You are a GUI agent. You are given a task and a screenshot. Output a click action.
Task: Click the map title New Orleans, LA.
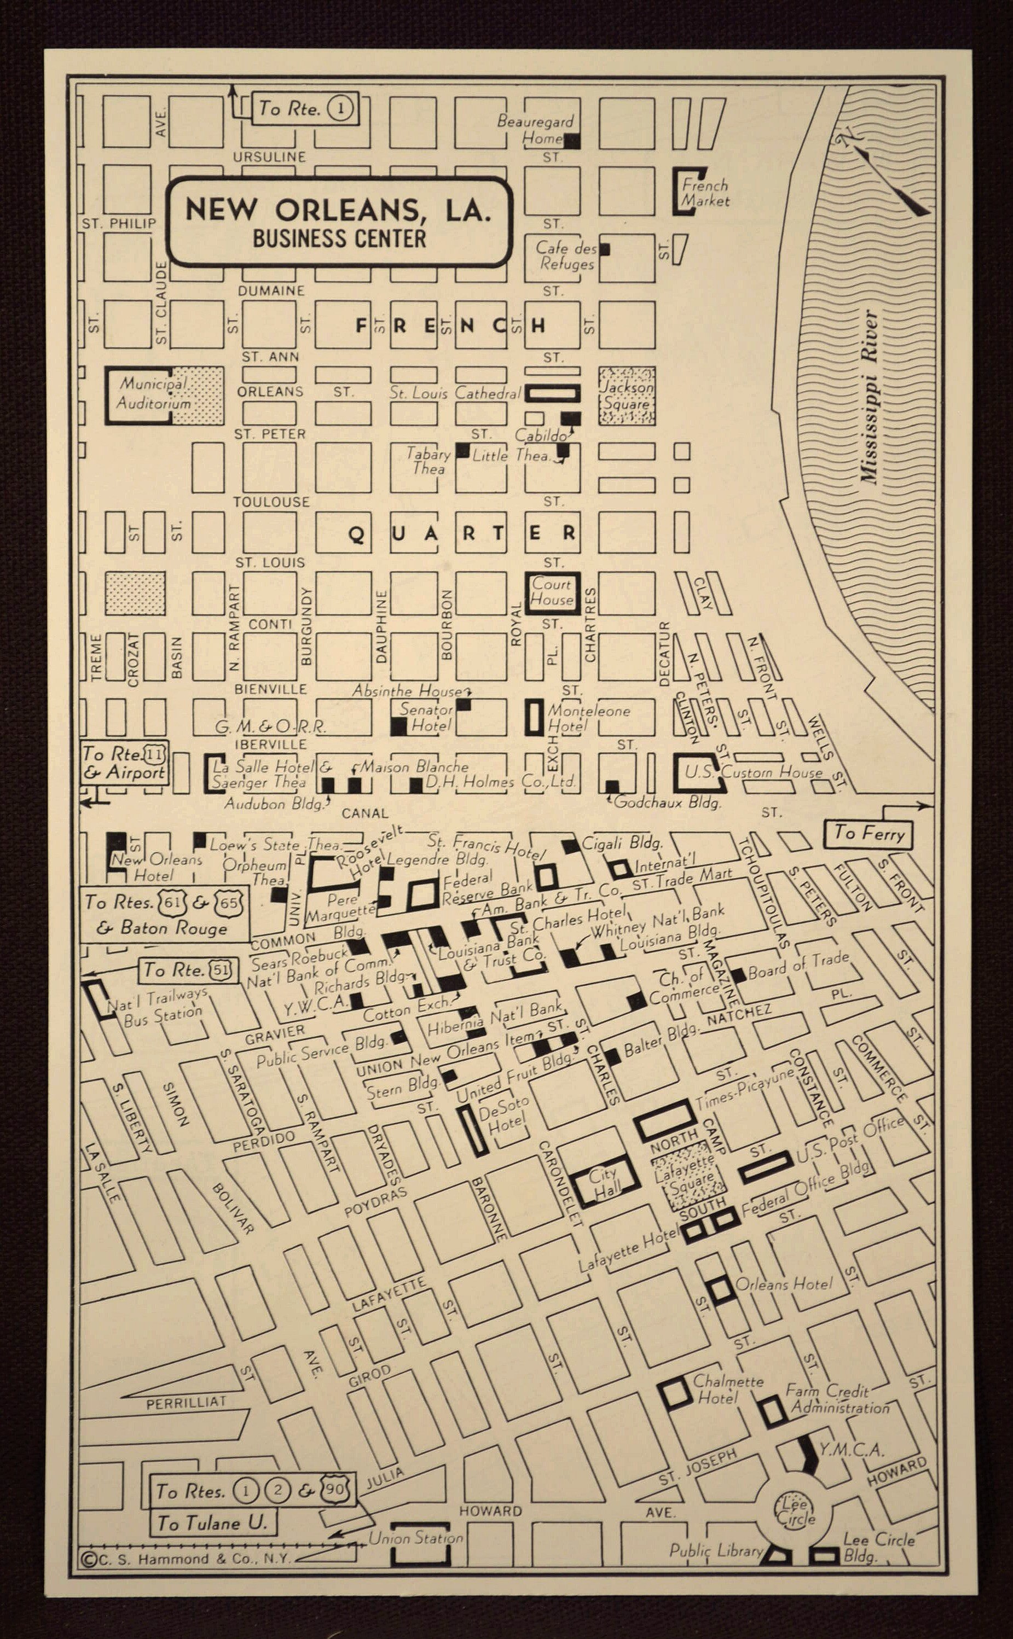pyautogui.click(x=338, y=210)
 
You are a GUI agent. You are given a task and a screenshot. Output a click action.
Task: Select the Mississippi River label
pyautogui.click(x=870, y=397)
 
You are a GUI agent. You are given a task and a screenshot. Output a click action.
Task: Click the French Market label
pyautogui.click(x=704, y=193)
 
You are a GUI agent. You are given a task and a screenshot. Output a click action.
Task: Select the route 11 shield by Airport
pyautogui.click(x=155, y=754)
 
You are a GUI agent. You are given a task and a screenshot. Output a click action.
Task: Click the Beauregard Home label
pyautogui.click(x=535, y=130)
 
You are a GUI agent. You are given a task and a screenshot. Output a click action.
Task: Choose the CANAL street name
pyautogui.click(x=364, y=813)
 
